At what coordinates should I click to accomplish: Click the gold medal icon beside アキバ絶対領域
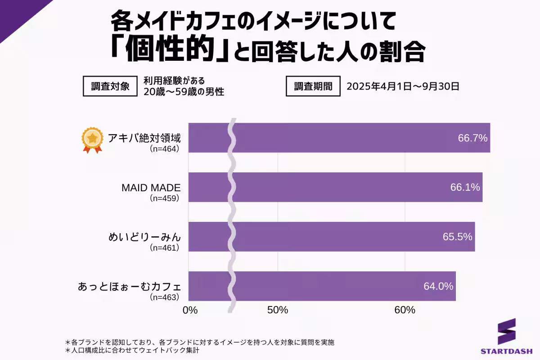(92, 140)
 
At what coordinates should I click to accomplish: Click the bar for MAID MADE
(337, 187)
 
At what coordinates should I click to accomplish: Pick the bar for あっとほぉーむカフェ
(324, 286)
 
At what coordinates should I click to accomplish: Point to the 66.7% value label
(472, 138)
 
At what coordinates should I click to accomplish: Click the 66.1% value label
(465, 187)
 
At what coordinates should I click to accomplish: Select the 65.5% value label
(457, 237)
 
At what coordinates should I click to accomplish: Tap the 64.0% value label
(438, 286)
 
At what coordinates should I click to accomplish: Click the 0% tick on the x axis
(190, 310)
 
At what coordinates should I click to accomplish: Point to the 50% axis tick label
(278, 310)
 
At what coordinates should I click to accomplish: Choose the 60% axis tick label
(405, 310)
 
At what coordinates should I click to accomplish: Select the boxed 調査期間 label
(313, 86)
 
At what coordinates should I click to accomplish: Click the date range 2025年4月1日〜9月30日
(403, 86)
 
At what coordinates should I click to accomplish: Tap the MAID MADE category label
(151, 188)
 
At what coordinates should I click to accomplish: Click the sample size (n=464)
(164, 149)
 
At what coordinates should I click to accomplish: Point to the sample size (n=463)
(164, 297)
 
